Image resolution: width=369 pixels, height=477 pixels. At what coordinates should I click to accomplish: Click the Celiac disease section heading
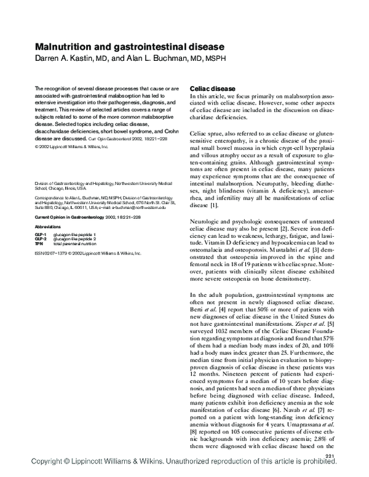coord(213,89)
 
